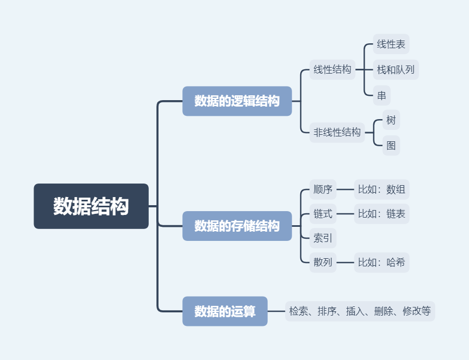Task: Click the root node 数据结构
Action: click(x=91, y=206)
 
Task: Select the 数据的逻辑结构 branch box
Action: click(x=237, y=101)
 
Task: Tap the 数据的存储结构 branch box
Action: click(x=237, y=226)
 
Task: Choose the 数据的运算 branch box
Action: click(x=225, y=311)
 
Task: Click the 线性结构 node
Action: click(x=332, y=69)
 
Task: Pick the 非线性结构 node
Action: click(x=337, y=132)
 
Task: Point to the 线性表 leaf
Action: click(x=391, y=44)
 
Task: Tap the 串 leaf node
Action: click(x=382, y=96)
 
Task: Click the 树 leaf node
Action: click(x=391, y=120)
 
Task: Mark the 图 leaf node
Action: click(x=391, y=145)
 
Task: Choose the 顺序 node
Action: click(x=323, y=189)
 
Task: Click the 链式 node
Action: click(x=323, y=214)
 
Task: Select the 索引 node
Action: click(x=323, y=238)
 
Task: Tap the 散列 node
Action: click(x=323, y=263)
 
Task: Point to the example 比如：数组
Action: click(x=381, y=189)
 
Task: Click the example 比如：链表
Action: click(x=381, y=214)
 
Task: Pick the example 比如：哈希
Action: click(x=381, y=263)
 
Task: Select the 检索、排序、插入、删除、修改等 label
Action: click(x=360, y=311)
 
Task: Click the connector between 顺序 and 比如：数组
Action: click(x=345, y=189)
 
